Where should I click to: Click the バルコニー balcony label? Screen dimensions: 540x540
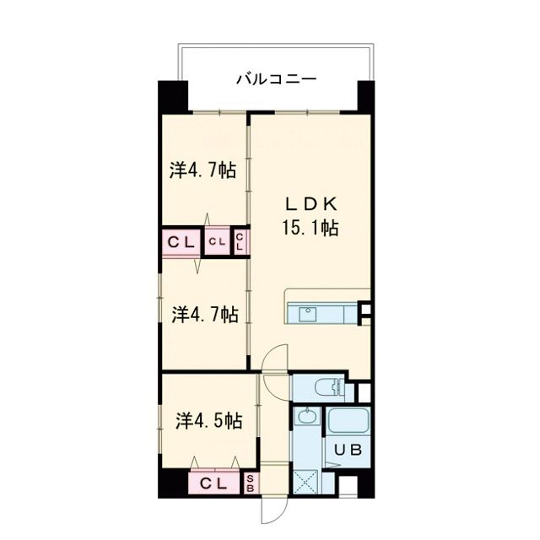coord(275,80)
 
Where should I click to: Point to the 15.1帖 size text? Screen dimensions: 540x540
coord(310,229)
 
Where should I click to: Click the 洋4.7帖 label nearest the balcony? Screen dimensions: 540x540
coord(202,170)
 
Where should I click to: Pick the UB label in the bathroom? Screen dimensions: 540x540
coord(346,450)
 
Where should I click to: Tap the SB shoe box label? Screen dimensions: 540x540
coord(251,483)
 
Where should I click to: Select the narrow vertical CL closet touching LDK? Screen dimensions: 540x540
coord(240,242)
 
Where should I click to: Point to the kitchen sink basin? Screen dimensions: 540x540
coord(305,315)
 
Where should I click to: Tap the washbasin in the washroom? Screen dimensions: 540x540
coord(307,416)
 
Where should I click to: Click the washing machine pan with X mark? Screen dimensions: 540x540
coord(305,483)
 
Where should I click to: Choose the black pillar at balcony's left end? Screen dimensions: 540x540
coord(173,97)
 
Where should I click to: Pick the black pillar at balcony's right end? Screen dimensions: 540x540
coord(364,97)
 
